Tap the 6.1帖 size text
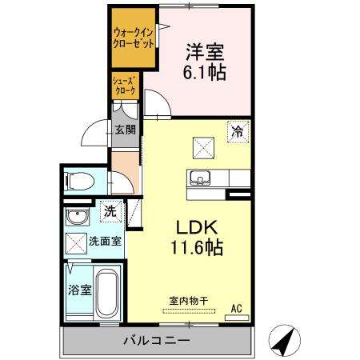(x=205, y=73)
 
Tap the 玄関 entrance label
(x=124, y=130)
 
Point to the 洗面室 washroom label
(x=104, y=241)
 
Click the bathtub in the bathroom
(x=106, y=294)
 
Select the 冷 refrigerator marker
(x=237, y=132)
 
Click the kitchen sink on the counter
(x=200, y=176)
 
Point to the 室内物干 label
(x=189, y=301)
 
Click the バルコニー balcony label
(x=156, y=341)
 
